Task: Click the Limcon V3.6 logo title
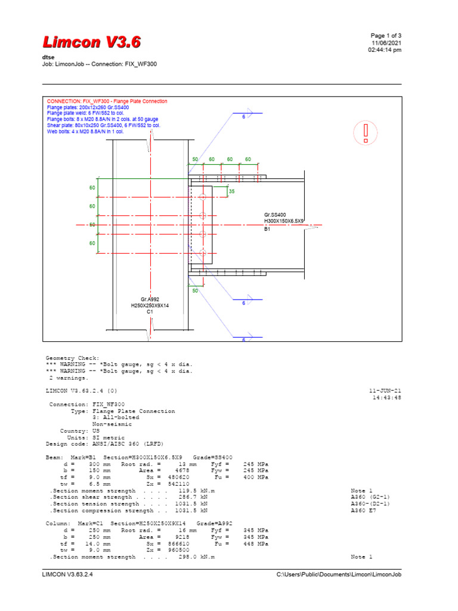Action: pyautogui.click(x=92, y=42)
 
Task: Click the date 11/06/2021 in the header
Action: pyautogui.click(x=386, y=43)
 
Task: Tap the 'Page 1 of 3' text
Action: pyautogui.click(x=386, y=36)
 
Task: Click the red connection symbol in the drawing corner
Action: pyautogui.click(x=366, y=132)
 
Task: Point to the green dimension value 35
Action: pyautogui.click(x=232, y=192)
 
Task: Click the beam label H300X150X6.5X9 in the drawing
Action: pyautogui.click(x=284, y=221)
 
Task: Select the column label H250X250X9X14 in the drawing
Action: pyautogui.click(x=150, y=305)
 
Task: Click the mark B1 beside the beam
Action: pyautogui.click(x=268, y=228)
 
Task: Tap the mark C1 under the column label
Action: pyautogui.click(x=150, y=312)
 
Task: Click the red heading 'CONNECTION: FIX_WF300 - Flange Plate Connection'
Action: pyautogui.click(x=107, y=101)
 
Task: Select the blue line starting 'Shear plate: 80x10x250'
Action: pyautogui.click(x=103, y=125)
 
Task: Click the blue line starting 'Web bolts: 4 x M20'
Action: pyautogui.click(x=85, y=131)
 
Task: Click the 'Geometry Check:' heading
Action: pyautogui.click(x=73, y=357)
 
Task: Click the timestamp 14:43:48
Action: pyautogui.click(x=387, y=397)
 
